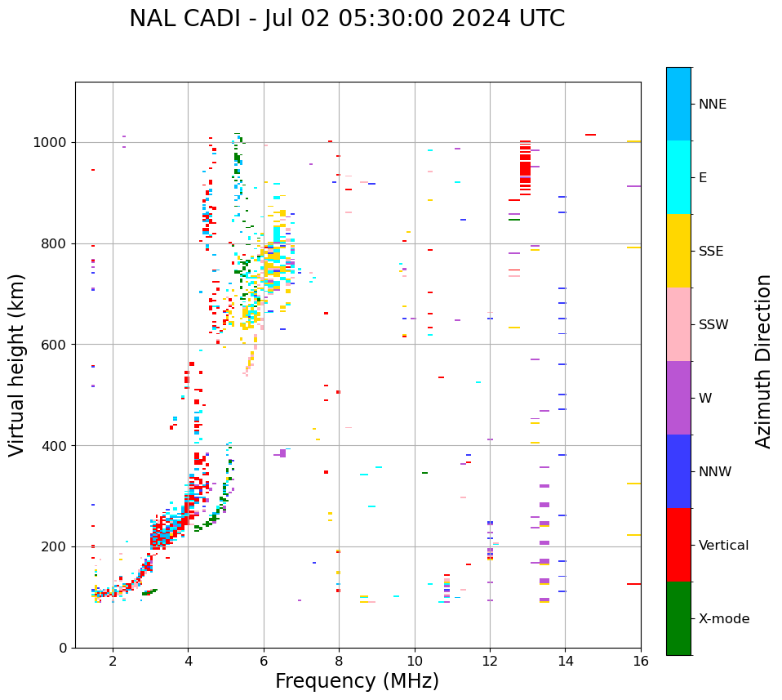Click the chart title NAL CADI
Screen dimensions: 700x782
pyautogui.click(x=347, y=19)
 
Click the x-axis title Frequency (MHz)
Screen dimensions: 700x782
pyautogui.click(x=357, y=681)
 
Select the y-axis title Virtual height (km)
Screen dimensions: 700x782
pyautogui.click(x=17, y=364)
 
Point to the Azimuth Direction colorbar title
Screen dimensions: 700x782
pyautogui.click(x=763, y=361)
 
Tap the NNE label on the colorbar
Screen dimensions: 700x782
pyautogui.click(x=712, y=105)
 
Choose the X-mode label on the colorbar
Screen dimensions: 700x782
pyautogui.click(x=723, y=619)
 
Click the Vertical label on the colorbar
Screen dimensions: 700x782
pyautogui.click(x=723, y=546)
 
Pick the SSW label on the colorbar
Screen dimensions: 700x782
pyautogui.click(x=713, y=325)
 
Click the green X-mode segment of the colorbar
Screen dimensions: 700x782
pyautogui.click(x=678, y=618)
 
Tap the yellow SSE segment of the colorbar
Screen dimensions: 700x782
pyautogui.click(x=678, y=251)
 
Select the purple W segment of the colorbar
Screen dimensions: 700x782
pyautogui.click(x=678, y=398)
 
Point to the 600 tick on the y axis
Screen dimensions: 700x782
pyautogui.click(x=56, y=345)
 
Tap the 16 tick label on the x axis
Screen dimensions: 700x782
pyautogui.click(x=641, y=661)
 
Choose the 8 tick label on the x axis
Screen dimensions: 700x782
pyautogui.click(x=339, y=661)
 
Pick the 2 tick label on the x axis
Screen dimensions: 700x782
pyautogui.click(x=113, y=661)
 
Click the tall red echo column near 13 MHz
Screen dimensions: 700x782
pyautogui.click(x=525, y=167)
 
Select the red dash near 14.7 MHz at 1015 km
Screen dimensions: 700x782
pyautogui.click(x=590, y=135)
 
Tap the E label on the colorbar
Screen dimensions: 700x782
pyautogui.click(x=703, y=178)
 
